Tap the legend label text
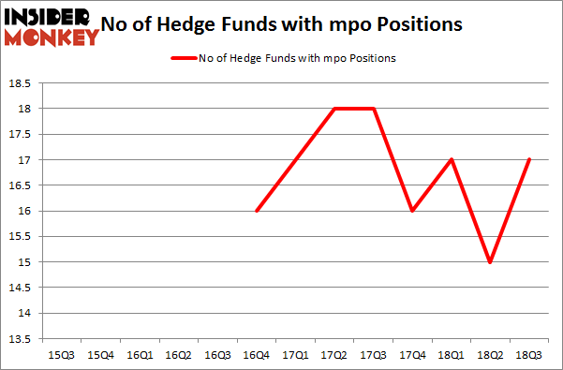point(297,58)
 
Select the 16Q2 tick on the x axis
point(177,355)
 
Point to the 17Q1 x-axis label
point(295,355)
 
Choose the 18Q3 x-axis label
point(530,355)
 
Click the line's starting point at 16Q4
point(256,211)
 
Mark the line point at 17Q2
point(334,109)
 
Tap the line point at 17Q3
point(374,109)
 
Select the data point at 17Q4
point(412,211)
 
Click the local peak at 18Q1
point(452,160)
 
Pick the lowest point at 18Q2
point(491,262)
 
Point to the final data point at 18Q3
point(530,160)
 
